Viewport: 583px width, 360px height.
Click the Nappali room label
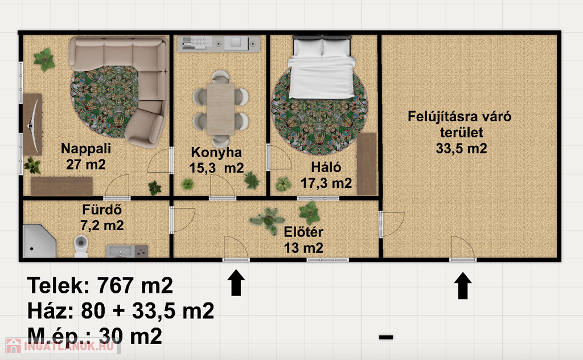tap(86, 149)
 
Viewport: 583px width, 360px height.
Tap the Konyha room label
tap(216, 153)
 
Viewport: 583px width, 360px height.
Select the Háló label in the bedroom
tap(326, 167)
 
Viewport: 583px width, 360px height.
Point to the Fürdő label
tap(102, 210)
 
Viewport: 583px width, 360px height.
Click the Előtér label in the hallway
tap(303, 232)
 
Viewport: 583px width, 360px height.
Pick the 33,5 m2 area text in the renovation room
tap(461, 149)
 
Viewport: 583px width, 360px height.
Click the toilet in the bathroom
tap(81, 246)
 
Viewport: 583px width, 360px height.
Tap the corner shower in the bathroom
tap(39, 240)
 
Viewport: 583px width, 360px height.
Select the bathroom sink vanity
tap(127, 251)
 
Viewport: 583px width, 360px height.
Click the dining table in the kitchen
tap(220, 109)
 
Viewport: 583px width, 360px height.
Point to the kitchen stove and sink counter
tap(218, 43)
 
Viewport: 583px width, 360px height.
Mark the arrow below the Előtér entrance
tap(236, 283)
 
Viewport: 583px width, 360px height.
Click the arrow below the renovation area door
tap(462, 285)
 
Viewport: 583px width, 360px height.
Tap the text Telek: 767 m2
tap(100, 285)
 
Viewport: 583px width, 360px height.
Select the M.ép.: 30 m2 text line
tap(95, 336)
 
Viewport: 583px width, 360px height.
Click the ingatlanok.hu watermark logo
tap(61, 346)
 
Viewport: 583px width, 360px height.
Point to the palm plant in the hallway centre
tap(269, 220)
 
